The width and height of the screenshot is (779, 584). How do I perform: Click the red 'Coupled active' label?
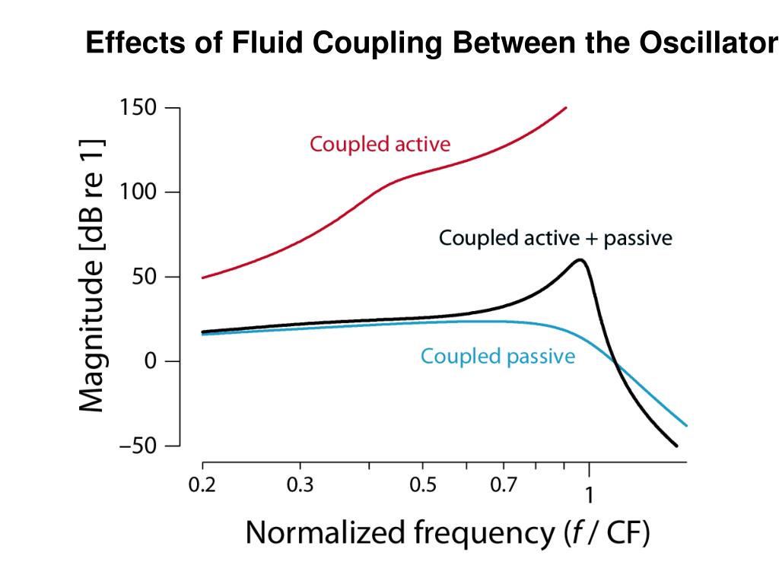coord(379,144)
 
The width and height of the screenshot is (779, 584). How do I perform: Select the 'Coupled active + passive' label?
coord(555,238)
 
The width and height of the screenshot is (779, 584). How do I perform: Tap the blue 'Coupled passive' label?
coord(498,356)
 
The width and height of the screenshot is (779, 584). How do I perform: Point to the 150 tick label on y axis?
coord(138,108)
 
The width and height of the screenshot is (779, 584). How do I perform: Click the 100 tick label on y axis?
coord(138,192)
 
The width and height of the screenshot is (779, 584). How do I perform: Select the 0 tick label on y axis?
coord(150,361)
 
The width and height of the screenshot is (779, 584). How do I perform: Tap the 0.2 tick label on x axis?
coord(202,485)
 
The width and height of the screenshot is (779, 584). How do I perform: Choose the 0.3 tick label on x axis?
coord(300,485)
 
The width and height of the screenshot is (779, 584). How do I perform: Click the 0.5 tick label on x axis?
coord(422,485)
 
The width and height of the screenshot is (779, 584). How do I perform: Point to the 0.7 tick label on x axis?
coord(503,485)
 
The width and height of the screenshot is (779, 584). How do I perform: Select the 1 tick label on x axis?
coord(589,495)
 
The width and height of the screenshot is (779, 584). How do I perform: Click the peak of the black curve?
coord(580,260)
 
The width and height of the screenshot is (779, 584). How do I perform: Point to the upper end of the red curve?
coord(566,108)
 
